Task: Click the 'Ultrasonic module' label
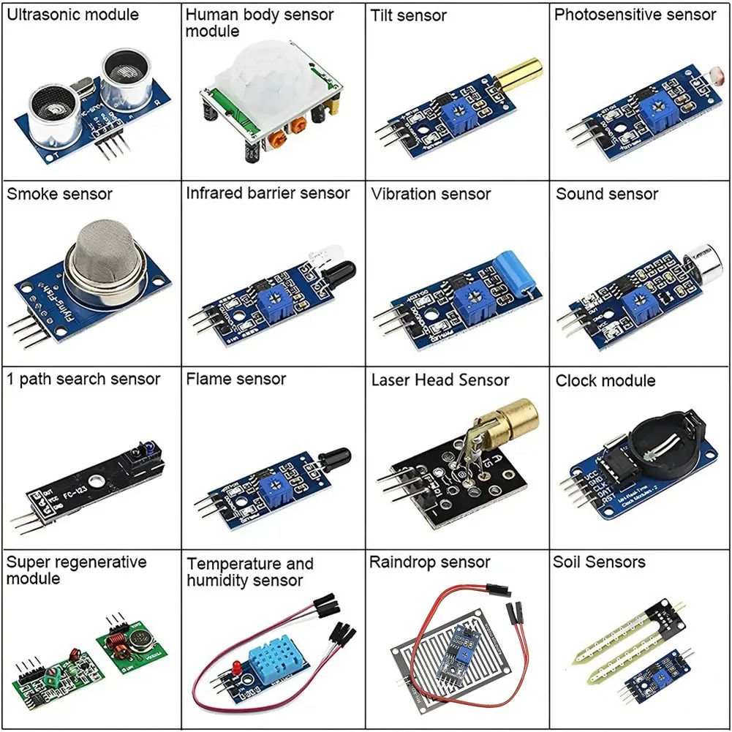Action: tap(72, 15)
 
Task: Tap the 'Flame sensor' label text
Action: tap(235, 379)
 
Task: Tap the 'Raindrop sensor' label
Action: tap(429, 562)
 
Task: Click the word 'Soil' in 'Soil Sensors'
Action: tap(568, 562)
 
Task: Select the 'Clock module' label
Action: tap(605, 380)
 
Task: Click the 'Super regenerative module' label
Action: tap(76, 570)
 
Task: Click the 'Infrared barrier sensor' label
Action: tap(268, 193)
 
